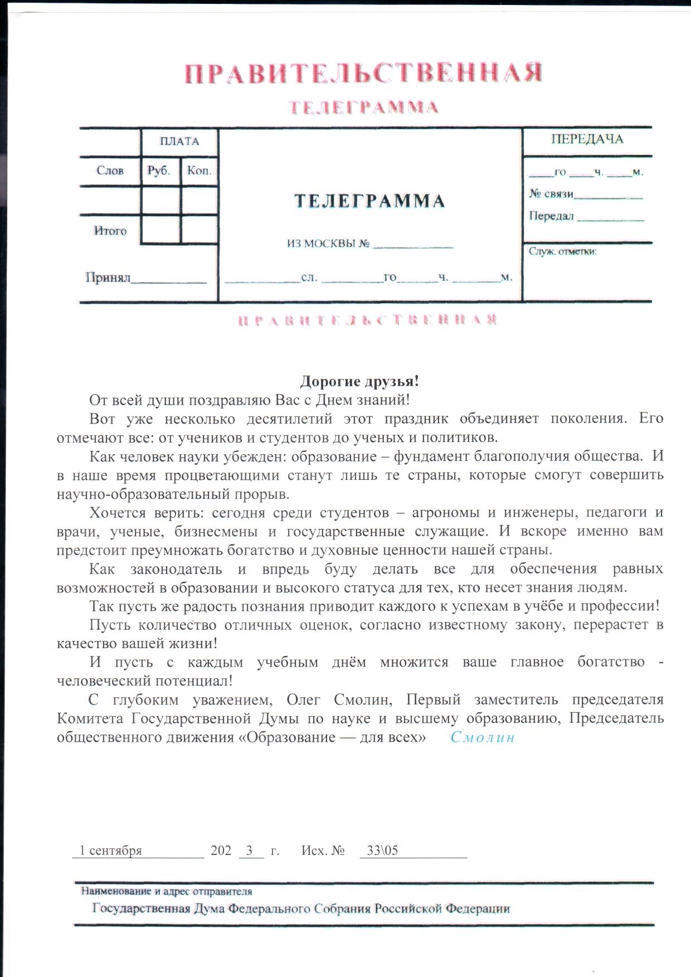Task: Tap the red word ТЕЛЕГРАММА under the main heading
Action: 363,107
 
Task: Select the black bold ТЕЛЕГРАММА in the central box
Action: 369,201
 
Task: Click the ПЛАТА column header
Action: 179,141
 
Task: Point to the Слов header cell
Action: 110,171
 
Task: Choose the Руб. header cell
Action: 159,171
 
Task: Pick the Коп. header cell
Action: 199,171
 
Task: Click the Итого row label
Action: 110,231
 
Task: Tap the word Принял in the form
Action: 108,277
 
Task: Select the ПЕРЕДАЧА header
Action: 587,139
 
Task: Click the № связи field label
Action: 551,194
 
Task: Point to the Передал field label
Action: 551,216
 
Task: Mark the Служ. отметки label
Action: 562,251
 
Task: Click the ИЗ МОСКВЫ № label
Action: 328,244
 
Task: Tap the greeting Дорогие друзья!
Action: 359,381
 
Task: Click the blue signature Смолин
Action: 483,737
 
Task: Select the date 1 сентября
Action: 110,850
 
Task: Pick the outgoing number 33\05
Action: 382,850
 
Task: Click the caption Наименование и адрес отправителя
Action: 166,892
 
